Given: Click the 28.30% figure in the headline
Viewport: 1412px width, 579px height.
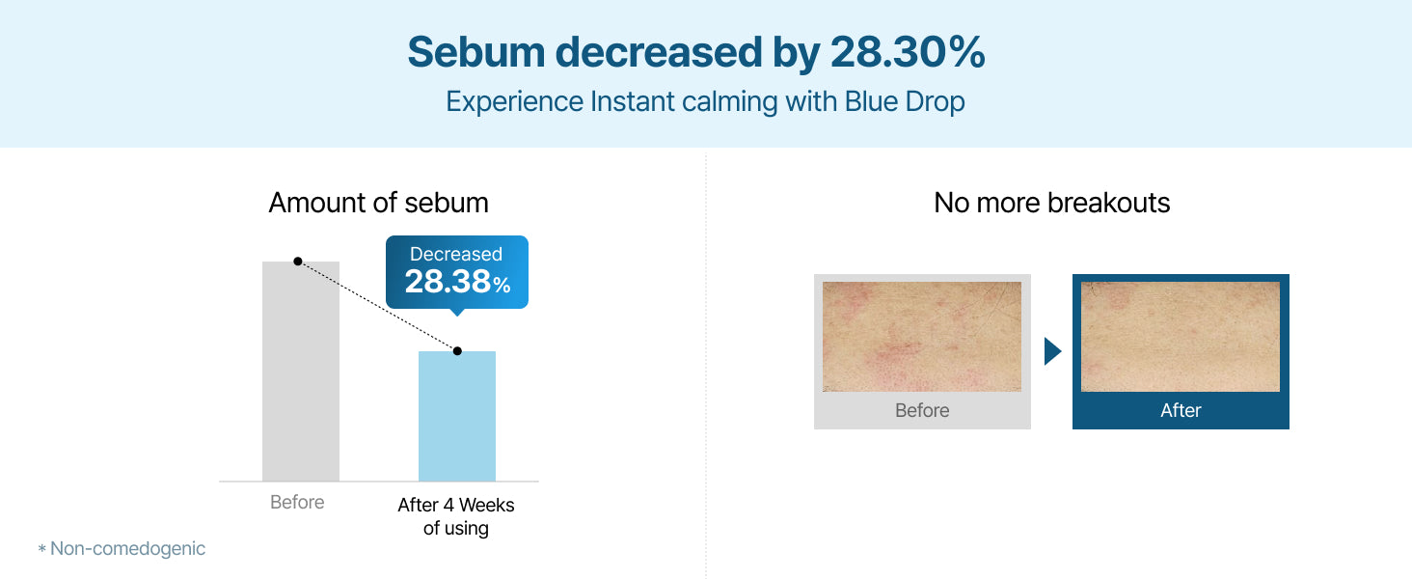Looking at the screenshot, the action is tap(907, 52).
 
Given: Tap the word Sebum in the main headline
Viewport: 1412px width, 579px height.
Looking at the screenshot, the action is tap(475, 52).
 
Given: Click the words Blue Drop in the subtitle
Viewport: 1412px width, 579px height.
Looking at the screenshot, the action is tap(905, 101).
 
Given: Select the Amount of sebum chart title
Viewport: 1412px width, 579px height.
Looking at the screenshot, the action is tap(378, 203).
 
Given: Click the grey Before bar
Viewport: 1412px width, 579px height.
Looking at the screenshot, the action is tap(301, 371).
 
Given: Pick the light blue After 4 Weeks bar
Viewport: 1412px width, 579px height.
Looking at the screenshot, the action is tap(457, 416).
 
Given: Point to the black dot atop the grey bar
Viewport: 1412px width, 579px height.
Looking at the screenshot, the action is tap(298, 262).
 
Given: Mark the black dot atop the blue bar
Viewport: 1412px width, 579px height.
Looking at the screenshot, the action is tap(457, 350).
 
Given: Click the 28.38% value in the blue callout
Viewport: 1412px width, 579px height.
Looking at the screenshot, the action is tap(457, 282).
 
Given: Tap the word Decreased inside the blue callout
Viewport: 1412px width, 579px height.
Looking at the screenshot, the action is tap(456, 254).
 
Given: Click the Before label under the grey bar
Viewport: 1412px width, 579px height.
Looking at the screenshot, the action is tap(297, 502).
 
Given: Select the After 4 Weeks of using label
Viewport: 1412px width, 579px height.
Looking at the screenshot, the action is tap(456, 516).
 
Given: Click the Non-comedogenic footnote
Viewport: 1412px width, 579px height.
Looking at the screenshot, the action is tap(121, 549).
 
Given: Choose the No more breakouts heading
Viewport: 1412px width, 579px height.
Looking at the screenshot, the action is tap(1051, 203).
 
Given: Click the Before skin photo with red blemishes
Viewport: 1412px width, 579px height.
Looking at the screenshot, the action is tap(922, 336).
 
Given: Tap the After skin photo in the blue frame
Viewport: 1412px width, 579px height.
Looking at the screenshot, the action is tap(1180, 336).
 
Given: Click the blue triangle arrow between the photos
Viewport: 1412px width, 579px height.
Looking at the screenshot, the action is tap(1052, 351).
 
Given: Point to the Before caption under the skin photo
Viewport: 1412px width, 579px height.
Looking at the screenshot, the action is tap(922, 410).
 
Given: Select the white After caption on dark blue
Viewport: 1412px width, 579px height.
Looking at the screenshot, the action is tap(1181, 410).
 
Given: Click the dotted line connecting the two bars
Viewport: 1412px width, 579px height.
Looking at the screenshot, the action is tap(377, 306).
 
